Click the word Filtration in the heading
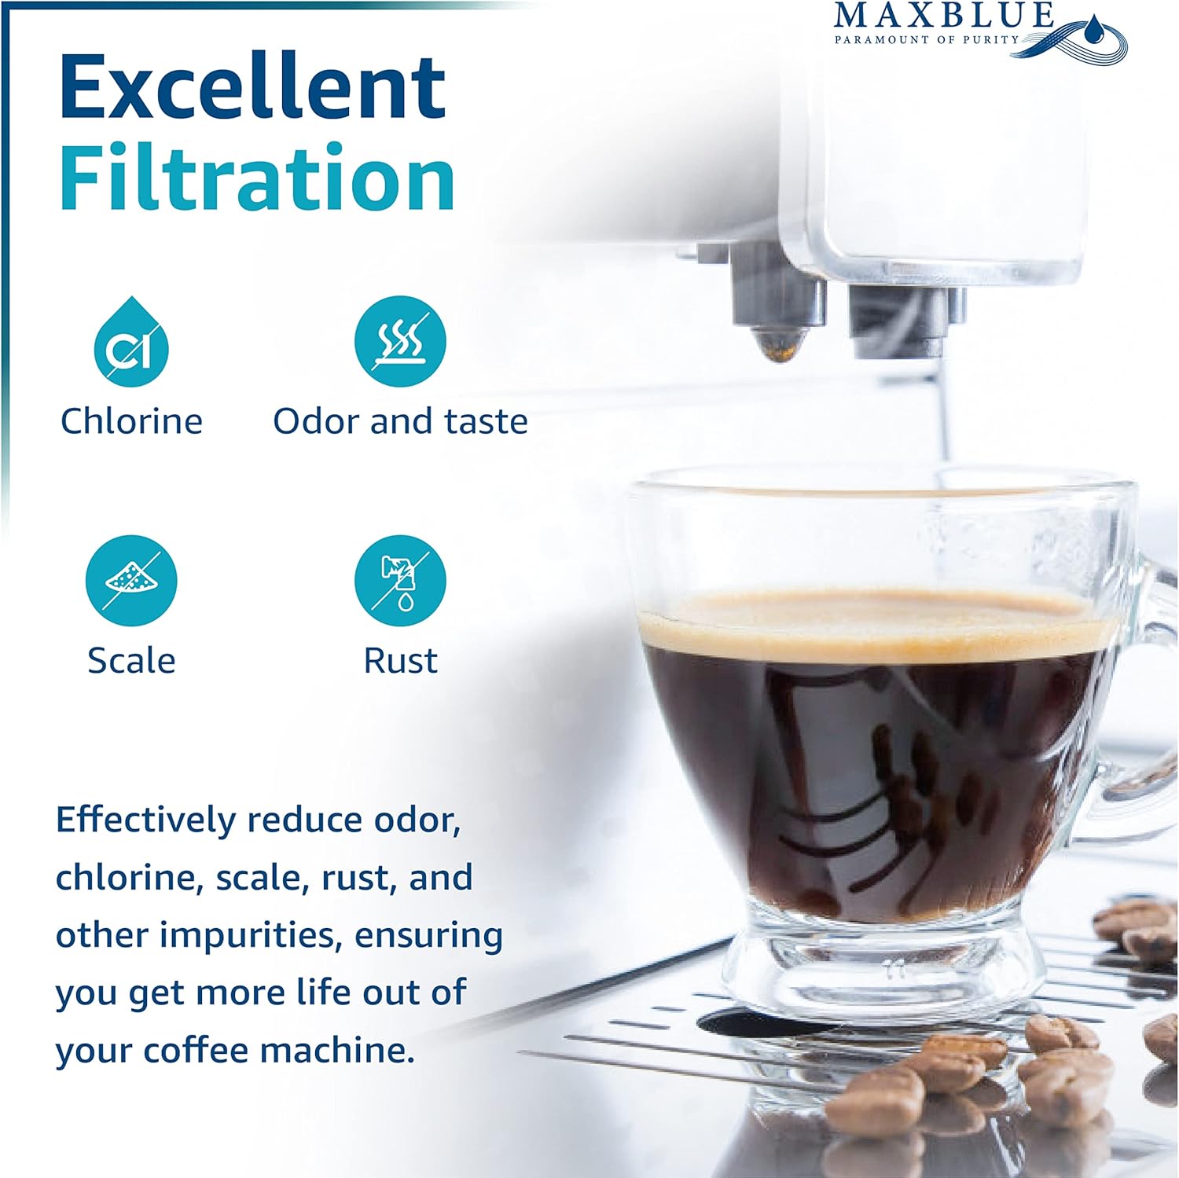257,178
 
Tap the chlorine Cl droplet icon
131,342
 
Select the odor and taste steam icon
400,342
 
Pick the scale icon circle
131,581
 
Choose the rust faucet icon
400,581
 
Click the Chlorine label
131,421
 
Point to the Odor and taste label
400,421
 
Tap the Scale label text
131,660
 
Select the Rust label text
400,660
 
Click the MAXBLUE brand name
943,16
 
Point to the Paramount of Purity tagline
927,39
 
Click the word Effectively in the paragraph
145,820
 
